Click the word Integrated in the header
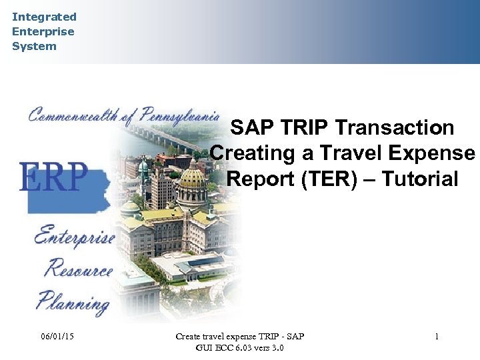click(44, 17)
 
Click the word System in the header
click(34, 46)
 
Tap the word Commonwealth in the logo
click(73, 115)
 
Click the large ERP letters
click(53, 177)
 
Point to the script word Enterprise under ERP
click(73, 237)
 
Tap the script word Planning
click(73, 303)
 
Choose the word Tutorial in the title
click(421, 179)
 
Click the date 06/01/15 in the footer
click(57, 337)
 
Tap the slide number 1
click(437, 337)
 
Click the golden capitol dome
click(193, 177)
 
